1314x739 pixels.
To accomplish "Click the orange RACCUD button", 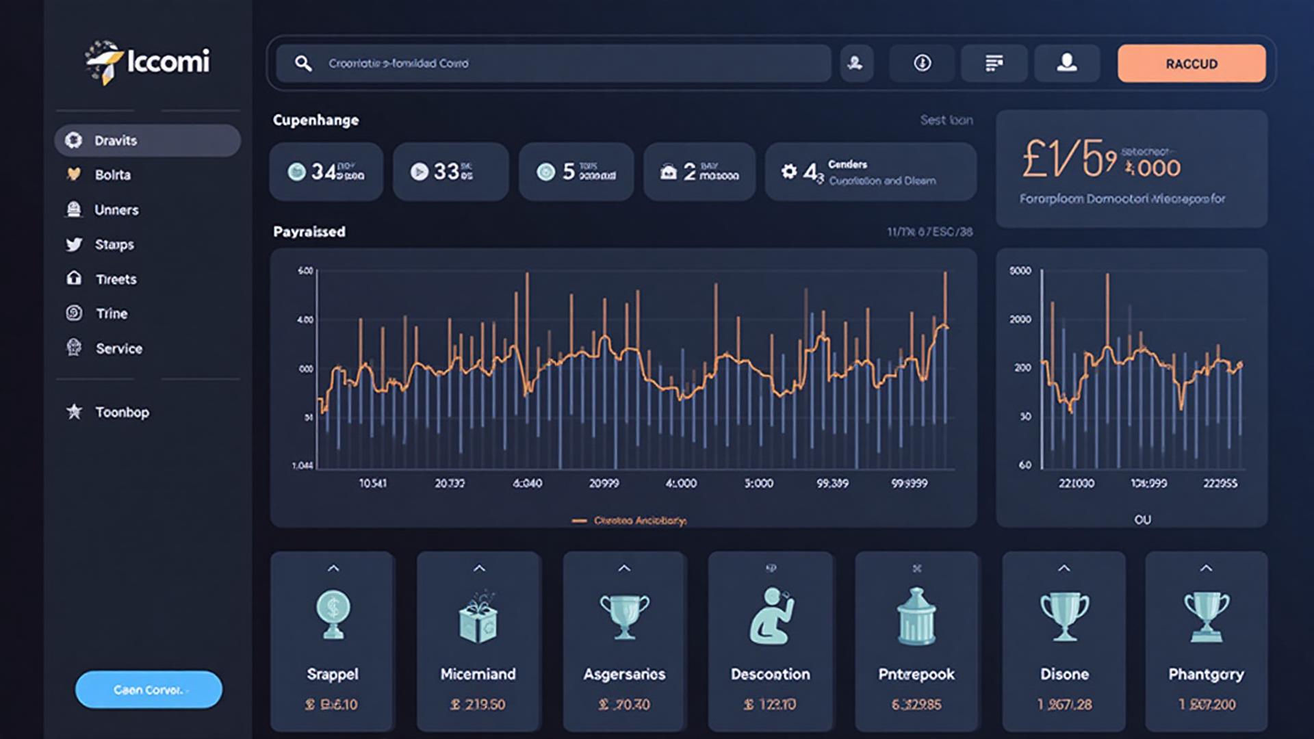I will pyautogui.click(x=1191, y=64).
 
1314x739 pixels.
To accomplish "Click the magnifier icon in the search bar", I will pyautogui.click(x=303, y=64).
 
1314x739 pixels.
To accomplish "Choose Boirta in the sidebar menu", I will pyautogui.click(x=112, y=175).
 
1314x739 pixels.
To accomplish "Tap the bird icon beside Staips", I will pyautogui.click(x=74, y=244).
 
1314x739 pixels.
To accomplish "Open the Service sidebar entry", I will pyautogui.click(x=118, y=348).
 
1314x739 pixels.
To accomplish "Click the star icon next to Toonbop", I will pyautogui.click(x=74, y=412).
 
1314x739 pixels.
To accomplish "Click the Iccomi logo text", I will pyautogui.click(x=168, y=62).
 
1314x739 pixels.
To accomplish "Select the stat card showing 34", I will pyautogui.click(x=326, y=172).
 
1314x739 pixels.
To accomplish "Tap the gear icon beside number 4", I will pyautogui.click(x=789, y=171).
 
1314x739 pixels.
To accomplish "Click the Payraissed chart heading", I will pyautogui.click(x=309, y=232).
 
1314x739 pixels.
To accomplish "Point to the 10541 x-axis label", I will pyautogui.click(x=373, y=483).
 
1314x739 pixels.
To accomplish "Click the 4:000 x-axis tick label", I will pyautogui.click(x=681, y=483).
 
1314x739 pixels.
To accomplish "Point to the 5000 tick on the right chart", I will pyautogui.click(x=1020, y=271).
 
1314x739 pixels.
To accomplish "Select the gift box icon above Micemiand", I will pyautogui.click(x=478, y=617).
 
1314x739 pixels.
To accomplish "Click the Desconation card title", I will pyautogui.click(x=770, y=674).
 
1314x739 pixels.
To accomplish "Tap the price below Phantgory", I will pyautogui.click(x=1207, y=704).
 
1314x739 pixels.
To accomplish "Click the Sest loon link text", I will pyautogui.click(x=946, y=120).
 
